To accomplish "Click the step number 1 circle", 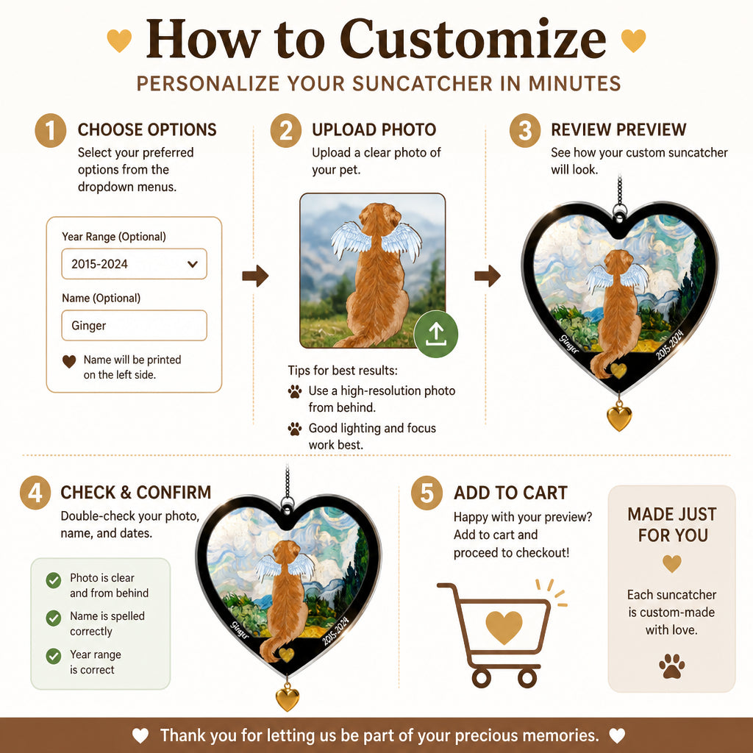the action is coord(51,130).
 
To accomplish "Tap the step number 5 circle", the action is coord(427,493).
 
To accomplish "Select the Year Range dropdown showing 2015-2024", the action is coord(134,264).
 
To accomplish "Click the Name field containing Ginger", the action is coord(134,325).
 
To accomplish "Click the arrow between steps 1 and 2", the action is coord(255,276).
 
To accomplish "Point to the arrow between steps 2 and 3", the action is coord(488,276).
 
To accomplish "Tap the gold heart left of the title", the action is coord(119,40).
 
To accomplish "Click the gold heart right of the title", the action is coord(633,40).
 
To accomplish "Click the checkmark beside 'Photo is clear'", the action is coord(53,580).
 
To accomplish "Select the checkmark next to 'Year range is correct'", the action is coord(53,656).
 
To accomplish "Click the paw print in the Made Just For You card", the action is coord(672,666).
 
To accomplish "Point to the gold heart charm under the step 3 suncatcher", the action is coord(619,418).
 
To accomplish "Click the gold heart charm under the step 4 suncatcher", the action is coord(288,697).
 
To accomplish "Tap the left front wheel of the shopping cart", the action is coord(481,678).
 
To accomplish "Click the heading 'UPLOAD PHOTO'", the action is coord(374,129).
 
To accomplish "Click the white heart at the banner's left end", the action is coord(140,735).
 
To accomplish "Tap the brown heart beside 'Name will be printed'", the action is coord(69,362).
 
